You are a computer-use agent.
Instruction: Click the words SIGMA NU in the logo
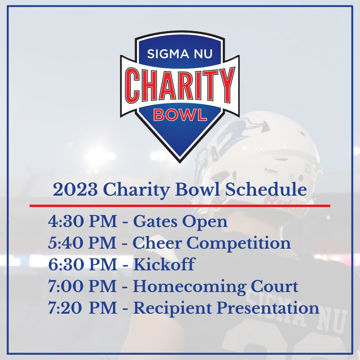[x=180, y=54]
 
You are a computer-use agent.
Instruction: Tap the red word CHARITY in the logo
[x=180, y=85]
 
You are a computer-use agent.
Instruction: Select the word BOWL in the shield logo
[x=180, y=115]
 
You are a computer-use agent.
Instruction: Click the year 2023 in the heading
[x=75, y=190]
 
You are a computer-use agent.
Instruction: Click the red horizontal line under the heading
[x=180, y=206]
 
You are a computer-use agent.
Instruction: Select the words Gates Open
[x=180, y=222]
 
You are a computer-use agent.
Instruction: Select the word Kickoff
[x=164, y=265]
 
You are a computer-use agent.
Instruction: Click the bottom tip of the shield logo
[x=180, y=161]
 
